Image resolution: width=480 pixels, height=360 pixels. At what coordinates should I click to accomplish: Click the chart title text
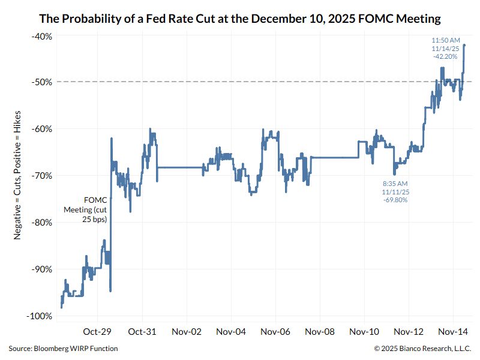(x=240, y=19)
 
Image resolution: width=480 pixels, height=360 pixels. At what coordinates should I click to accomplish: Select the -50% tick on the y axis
(x=41, y=82)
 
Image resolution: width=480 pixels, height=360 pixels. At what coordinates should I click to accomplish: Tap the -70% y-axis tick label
(x=41, y=176)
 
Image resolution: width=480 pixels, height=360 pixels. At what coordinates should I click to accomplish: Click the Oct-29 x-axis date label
(x=98, y=331)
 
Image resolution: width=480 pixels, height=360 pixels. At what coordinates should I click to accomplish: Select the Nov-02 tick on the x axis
(x=187, y=331)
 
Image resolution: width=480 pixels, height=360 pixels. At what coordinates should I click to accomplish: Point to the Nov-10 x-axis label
(x=364, y=331)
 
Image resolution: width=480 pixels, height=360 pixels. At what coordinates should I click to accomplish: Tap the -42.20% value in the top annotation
(x=445, y=56)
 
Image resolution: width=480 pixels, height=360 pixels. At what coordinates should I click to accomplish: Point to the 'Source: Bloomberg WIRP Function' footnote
(x=63, y=349)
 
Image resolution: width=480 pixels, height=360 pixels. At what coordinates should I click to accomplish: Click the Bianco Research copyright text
(x=422, y=349)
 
